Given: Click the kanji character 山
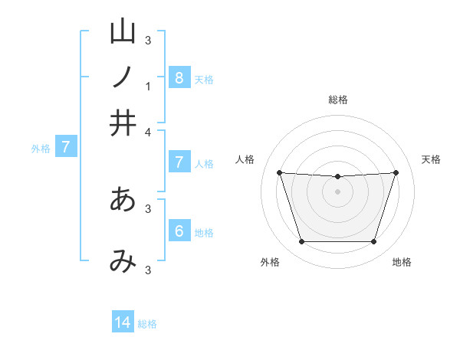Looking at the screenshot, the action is point(123,31).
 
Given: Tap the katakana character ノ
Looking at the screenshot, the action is point(123,77).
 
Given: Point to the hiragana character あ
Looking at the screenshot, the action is point(123,199).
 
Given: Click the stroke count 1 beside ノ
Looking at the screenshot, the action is point(148,86).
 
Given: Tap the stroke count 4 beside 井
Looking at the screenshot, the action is point(148,132).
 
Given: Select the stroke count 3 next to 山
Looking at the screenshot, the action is point(148,40).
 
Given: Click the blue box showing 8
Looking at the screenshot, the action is point(179,77).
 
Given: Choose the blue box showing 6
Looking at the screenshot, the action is point(179,231).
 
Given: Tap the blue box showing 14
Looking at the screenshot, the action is point(123,322).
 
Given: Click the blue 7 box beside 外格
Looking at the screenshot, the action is point(65,147).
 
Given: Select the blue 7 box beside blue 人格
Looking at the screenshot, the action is point(179,162).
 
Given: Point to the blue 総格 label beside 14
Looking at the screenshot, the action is point(147,324).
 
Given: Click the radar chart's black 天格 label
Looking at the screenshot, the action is point(431,159).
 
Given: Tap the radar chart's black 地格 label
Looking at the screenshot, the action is point(402,262).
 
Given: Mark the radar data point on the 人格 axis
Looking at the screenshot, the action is point(280,172).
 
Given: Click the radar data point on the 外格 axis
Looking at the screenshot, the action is point(301,242).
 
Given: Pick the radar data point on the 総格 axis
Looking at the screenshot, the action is point(337,177).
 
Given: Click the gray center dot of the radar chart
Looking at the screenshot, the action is point(337,191).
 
